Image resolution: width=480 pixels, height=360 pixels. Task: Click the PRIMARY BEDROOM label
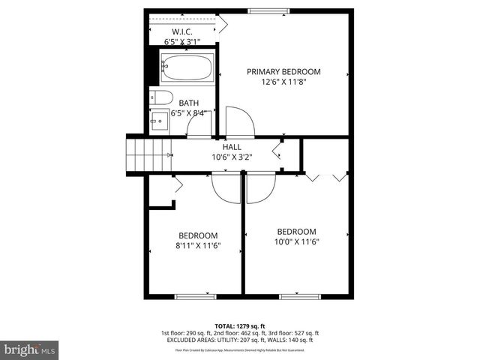pos(284,72)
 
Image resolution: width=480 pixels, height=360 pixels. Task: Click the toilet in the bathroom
pos(161,97)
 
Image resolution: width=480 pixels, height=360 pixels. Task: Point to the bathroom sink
pos(159,120)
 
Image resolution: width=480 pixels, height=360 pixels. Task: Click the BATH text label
pos(188,103)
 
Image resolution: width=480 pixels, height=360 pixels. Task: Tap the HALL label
pos(232,147)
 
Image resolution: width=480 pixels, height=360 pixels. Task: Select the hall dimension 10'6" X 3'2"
pos(232,157)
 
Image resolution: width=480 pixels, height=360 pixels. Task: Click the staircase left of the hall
pos(148,154)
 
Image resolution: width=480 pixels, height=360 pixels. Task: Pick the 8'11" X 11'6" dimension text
pos(197,245)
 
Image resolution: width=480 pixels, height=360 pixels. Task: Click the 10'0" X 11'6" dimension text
pos(296,241)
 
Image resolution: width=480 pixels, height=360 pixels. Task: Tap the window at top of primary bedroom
pos(270,10)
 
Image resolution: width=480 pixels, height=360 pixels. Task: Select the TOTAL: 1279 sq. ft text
pos(239,325)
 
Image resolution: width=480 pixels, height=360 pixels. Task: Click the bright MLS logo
pos(30,349)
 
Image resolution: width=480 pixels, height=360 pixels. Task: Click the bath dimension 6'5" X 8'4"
pos(188,113)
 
